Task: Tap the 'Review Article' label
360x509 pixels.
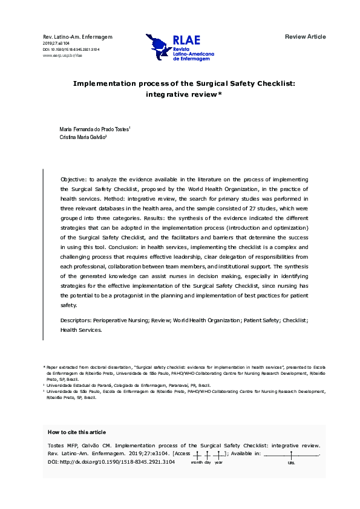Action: [305, 37]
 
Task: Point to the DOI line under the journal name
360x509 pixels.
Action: [71, 50]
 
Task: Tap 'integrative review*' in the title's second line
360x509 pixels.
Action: [184, 94]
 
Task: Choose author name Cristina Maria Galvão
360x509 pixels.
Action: [83, 138]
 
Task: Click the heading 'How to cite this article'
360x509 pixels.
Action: [76, 432]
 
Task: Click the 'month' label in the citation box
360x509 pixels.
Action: [197, 462]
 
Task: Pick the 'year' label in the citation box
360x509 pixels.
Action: [218, 462]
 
